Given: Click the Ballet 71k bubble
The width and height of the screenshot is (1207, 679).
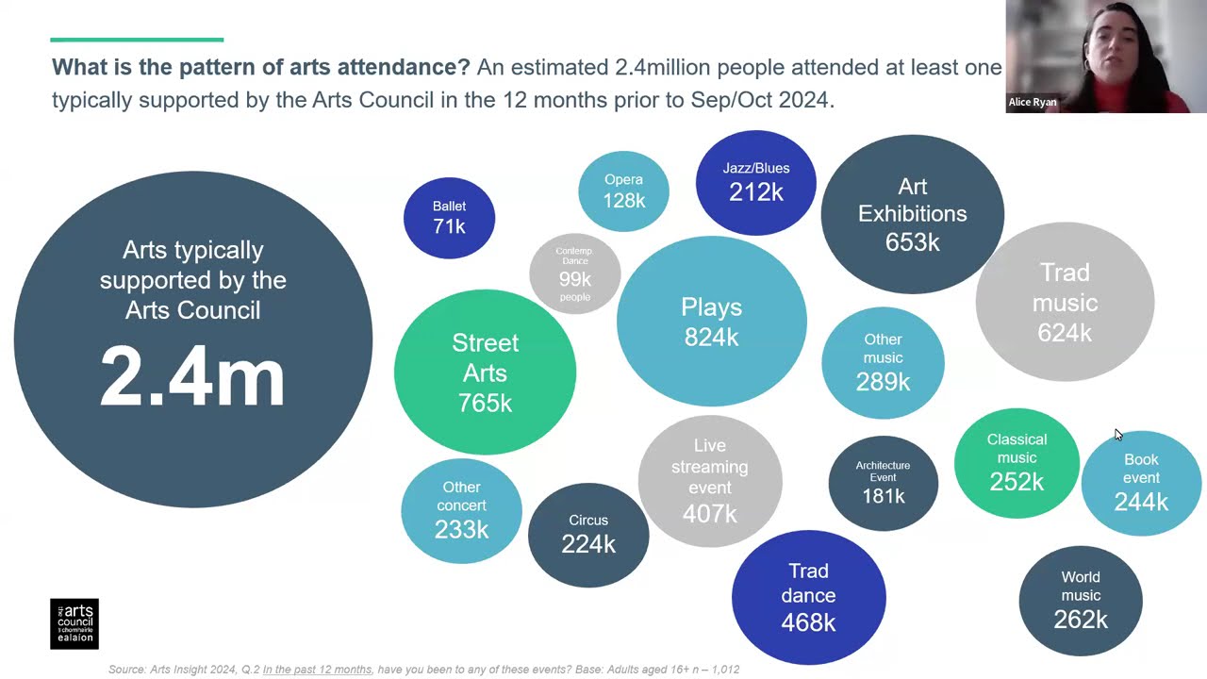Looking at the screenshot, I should [449, 218].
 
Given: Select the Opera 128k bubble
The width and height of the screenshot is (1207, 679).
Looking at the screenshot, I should [623, 191].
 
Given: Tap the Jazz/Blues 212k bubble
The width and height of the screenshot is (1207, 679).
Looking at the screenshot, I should [755, 183].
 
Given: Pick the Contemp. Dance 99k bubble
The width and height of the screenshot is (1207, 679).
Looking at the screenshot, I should [574, 273].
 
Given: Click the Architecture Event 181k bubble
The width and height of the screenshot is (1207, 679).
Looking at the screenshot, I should [883, 483].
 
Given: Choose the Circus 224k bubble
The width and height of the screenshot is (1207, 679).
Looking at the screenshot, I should [588, 535].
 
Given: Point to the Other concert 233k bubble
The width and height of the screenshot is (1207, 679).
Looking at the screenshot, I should [461, 510].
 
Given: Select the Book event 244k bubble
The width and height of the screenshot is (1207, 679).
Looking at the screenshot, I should [1141, 483].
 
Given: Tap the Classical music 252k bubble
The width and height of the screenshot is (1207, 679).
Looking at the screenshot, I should [1017, 463].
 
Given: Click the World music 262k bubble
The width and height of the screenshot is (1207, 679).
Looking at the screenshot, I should [1081, 600].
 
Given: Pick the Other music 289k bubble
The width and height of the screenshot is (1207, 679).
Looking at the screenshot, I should [883, 362].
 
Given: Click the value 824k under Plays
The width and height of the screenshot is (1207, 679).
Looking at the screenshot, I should [711, 338].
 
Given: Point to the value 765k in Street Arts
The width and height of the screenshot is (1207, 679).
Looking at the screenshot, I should [485, 403].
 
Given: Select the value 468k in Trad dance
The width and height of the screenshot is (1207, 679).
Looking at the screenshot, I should [808, 622].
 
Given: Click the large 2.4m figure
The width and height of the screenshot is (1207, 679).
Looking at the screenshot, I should [192, 377].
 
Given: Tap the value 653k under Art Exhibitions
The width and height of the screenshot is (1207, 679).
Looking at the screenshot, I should [912, 242].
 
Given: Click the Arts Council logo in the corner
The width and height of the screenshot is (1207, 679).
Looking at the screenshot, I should [74, 623].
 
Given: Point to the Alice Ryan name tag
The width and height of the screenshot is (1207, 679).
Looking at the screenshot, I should [1033, 102].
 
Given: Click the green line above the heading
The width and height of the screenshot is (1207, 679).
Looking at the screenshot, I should [137, 40].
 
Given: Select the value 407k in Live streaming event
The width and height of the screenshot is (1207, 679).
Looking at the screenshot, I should [709, 514].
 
